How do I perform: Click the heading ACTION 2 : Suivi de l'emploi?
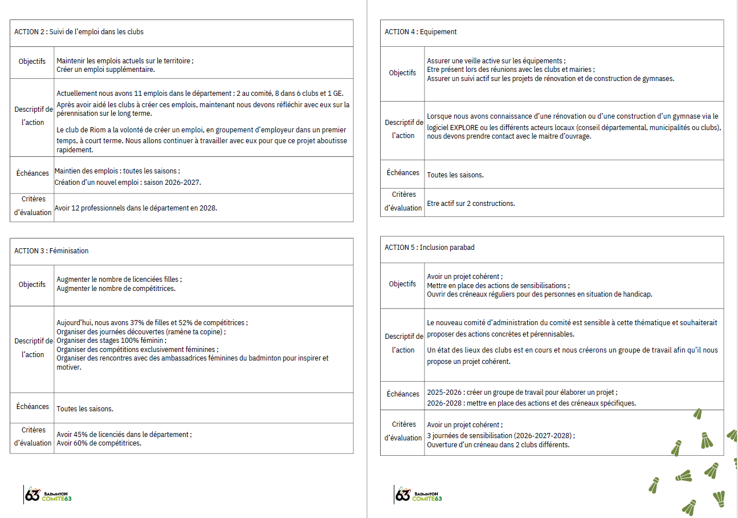pos(79,32)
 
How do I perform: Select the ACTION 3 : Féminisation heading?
pos(51,251)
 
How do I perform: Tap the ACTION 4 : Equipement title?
pos(421,32)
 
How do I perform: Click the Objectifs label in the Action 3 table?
pos(32,285)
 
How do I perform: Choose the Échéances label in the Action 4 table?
pos(402,173)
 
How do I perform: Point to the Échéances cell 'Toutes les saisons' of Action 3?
pos(85,409)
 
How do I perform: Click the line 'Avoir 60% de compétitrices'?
pos(99,443)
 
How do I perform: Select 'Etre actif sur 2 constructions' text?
pos(471,204)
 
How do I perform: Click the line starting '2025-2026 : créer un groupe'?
pos(521,392)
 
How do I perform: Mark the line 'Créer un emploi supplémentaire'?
pos(105,70)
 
